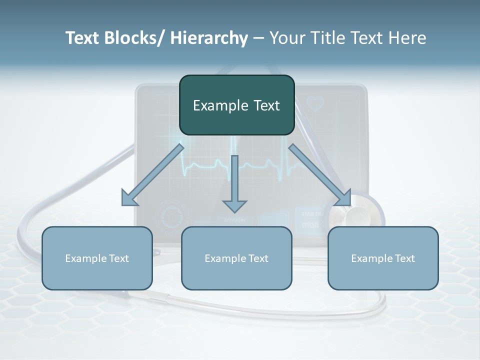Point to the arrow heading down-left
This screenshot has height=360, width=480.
[x=152, y=175]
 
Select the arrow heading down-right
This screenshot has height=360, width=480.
[x=320, y=175]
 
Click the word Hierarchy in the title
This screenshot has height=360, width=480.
[x=209, y=38]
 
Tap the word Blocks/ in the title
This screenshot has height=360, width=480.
[x=139, y=38]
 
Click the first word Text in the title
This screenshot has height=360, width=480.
[x=82, y=38]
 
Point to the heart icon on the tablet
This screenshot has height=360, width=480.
[x=315, y=104]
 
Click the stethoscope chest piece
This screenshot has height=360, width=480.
[x=352, y=215]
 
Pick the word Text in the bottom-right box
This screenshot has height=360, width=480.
[x=404, y=258]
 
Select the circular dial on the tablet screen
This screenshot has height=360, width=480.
[x=173, y=216]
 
